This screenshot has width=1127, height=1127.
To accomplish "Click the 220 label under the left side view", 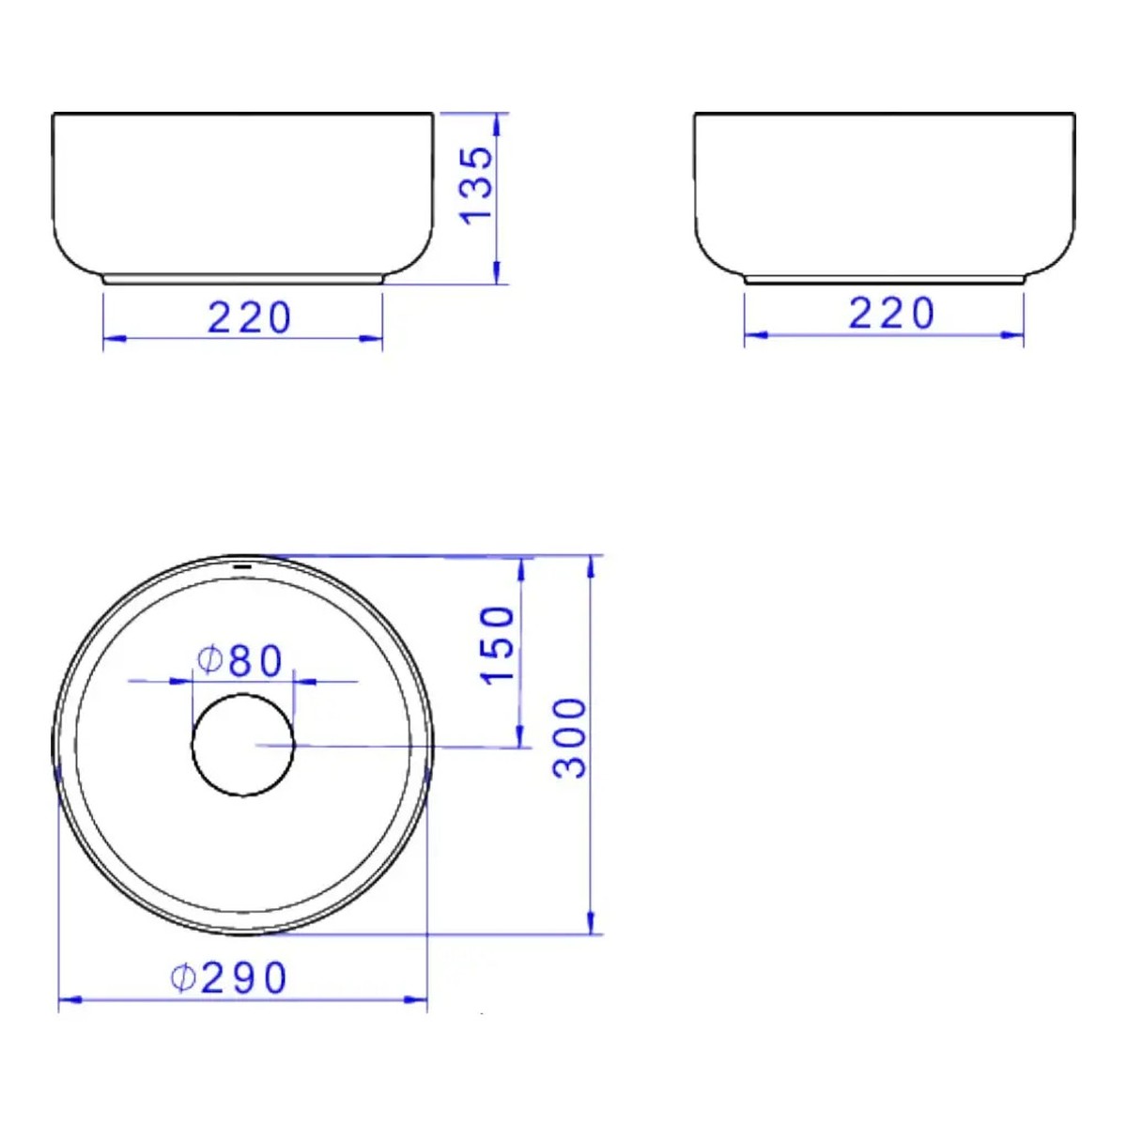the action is click(x=249, y=318).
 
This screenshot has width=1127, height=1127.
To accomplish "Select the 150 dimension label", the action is click(x=497, y=644).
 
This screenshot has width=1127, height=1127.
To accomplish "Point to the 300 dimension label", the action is click(x=570, y=738).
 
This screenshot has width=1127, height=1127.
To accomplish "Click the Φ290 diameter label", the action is click(x=228, y=978).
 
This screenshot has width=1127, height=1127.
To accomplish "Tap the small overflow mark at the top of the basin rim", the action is click(x=242, y=566).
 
